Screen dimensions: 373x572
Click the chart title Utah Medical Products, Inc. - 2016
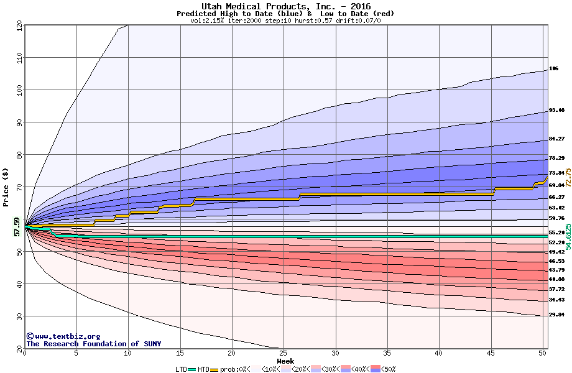pyautogui.click(x=285, y=6)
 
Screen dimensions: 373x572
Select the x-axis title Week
pyautogui.click(x=285, y=361)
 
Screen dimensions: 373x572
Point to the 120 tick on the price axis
pyautogui.click(x=19, y=26)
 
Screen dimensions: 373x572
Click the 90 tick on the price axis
pyautogui.click(x=19, y=122)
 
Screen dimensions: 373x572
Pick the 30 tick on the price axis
pyautogui.click(x=19, y=316)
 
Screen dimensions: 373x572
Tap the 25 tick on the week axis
pyautogui.click(x=283, y=353)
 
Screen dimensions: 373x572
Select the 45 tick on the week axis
pyautogui.click(x=491, y=353)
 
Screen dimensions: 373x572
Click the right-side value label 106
pyautogui.click(x=554, y=68)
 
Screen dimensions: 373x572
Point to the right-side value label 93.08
pyautogui.click(x=556, y=111)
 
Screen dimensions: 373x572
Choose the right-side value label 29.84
pyautogui.click(x=556, y=315)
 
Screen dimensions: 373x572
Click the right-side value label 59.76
pyautogui.click(x=556, y=218)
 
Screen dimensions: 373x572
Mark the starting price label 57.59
pyautogui.click(x=17, y=227)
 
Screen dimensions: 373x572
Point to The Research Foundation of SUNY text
pyautogui.click(x=91, y=344)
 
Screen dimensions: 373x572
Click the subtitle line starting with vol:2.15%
pyautogui.click(x=285, y=21)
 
